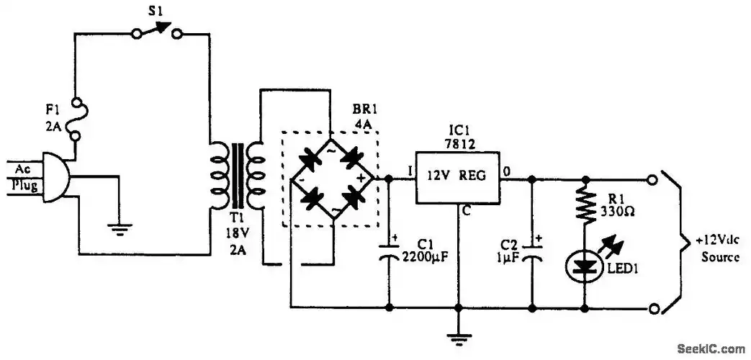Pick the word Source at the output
pos(714,256)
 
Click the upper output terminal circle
pos(653,178)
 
